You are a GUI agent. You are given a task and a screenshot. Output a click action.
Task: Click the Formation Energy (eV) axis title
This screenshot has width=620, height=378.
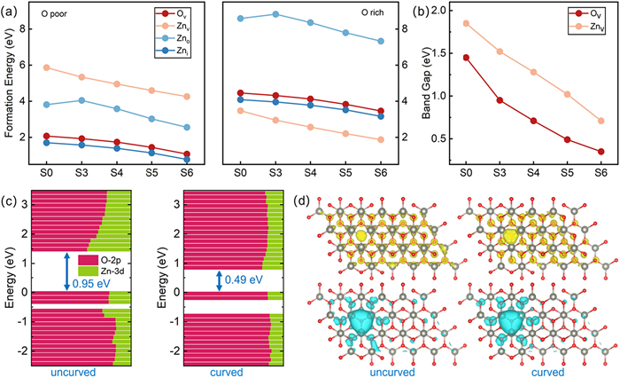10,86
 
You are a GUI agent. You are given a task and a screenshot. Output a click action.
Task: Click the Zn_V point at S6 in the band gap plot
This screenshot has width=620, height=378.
601,121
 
